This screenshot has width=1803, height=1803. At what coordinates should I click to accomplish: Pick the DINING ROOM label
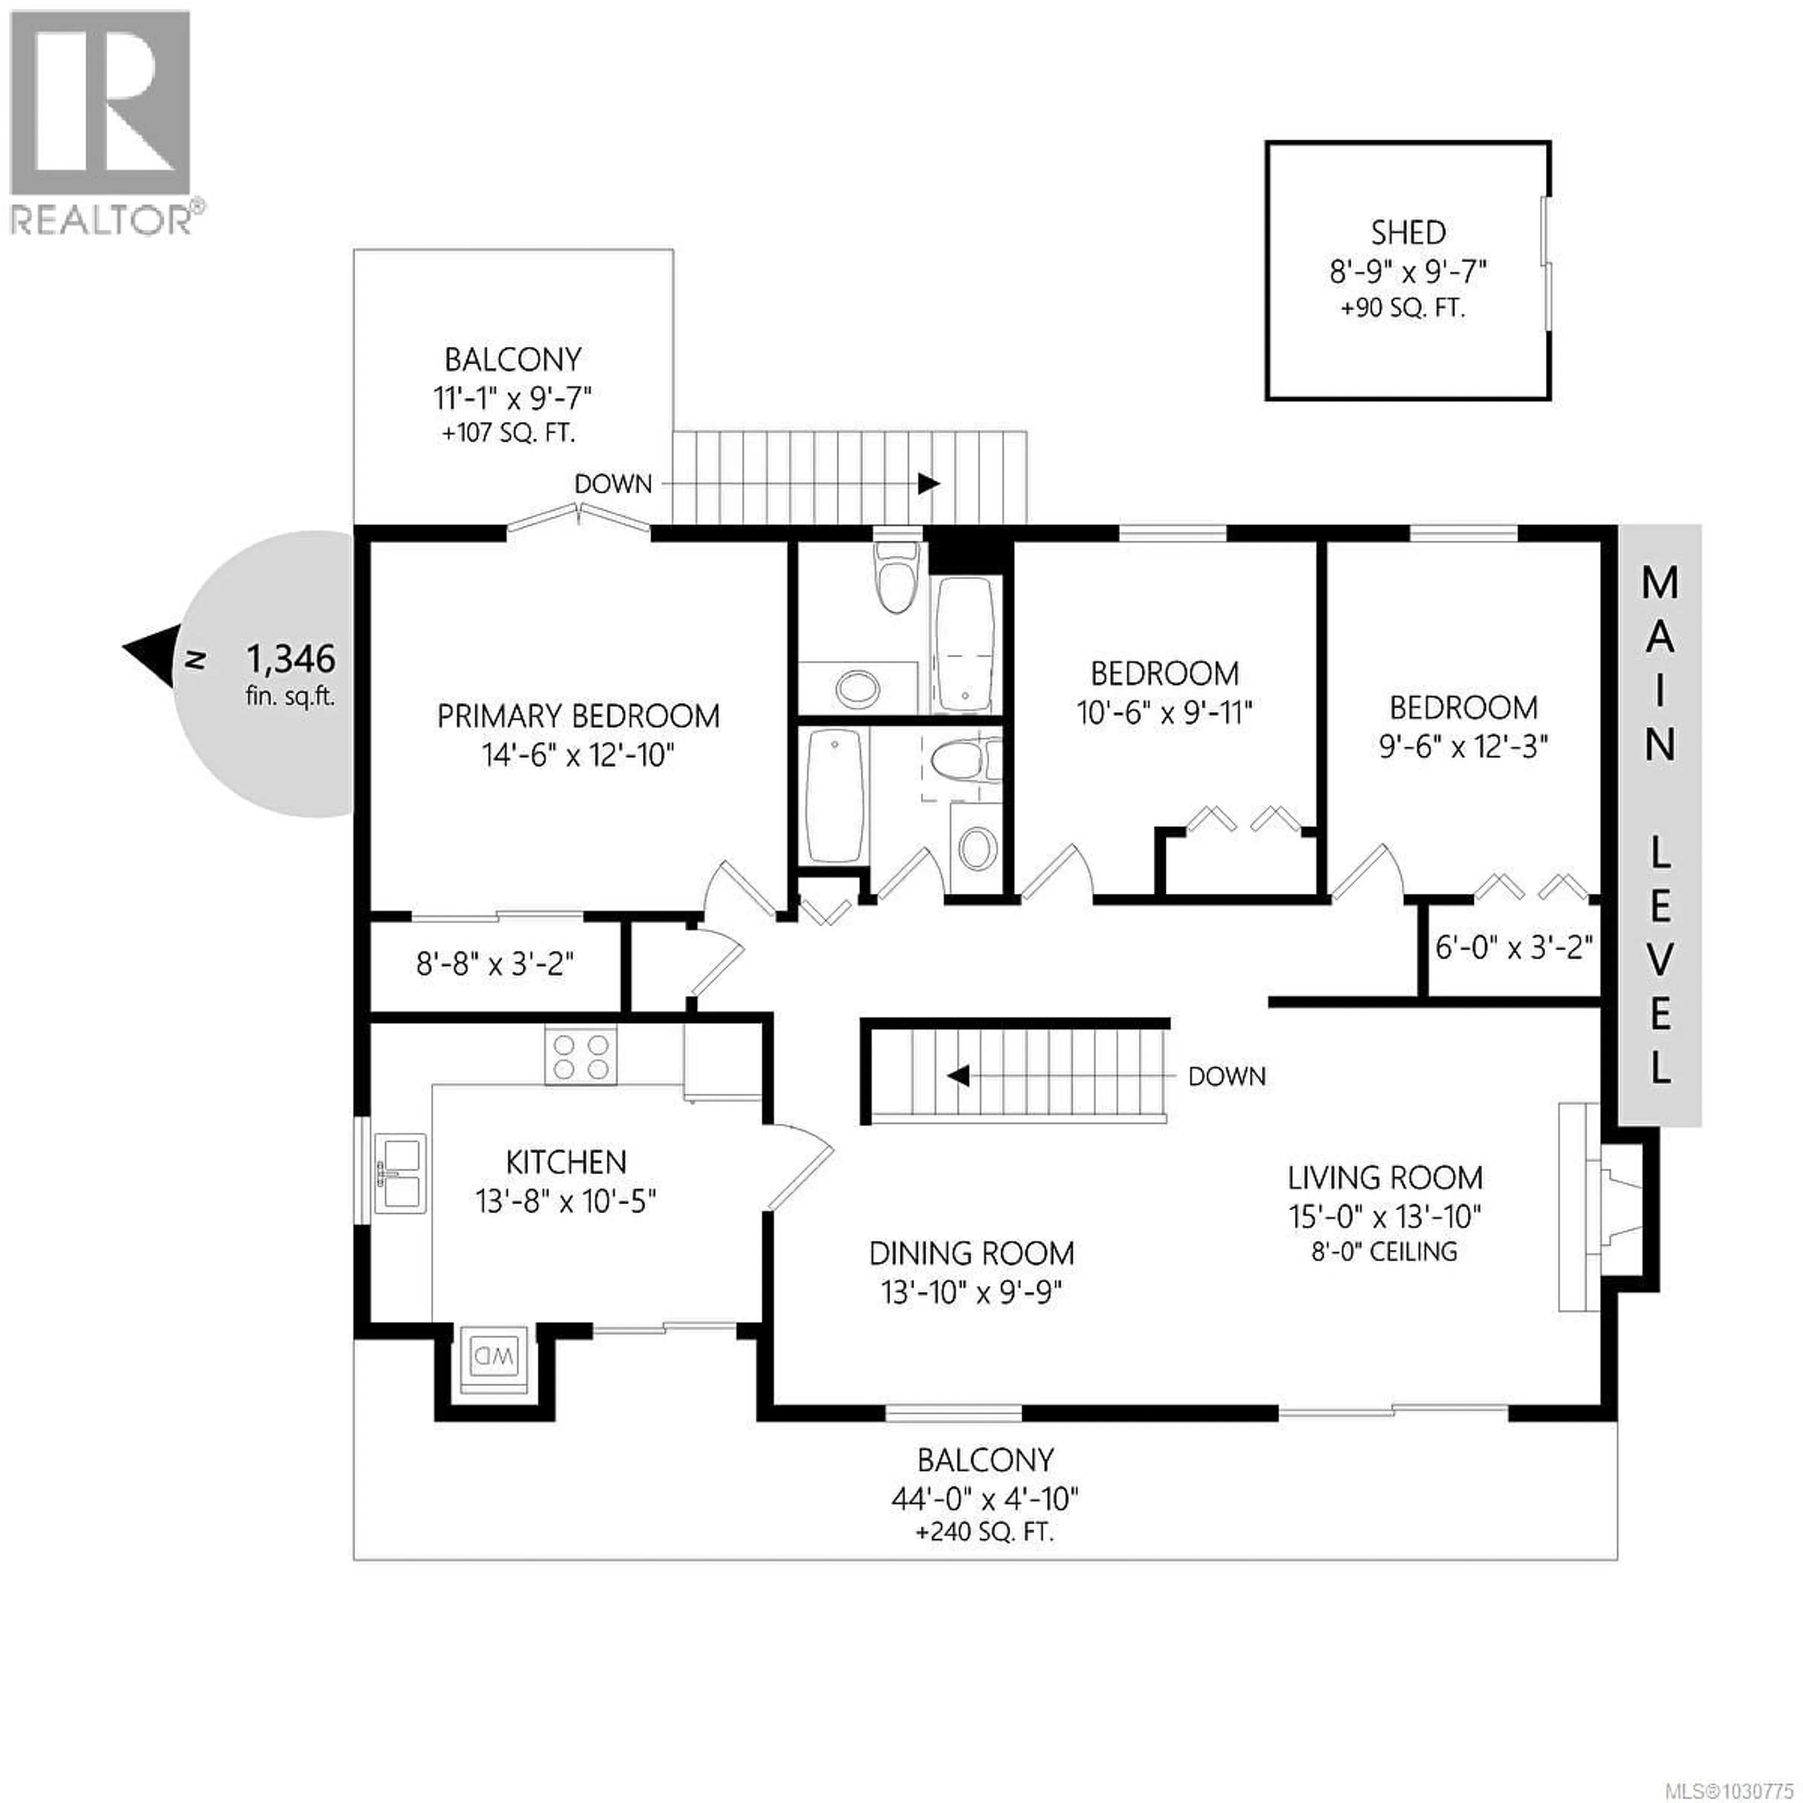coord(971,1253)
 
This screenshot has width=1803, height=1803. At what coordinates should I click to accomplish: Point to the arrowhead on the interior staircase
coord(958,1076)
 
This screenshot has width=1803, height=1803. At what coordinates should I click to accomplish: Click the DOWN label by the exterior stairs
coord(612,484)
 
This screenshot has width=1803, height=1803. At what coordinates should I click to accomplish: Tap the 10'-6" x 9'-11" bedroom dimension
coord(1164,713)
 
